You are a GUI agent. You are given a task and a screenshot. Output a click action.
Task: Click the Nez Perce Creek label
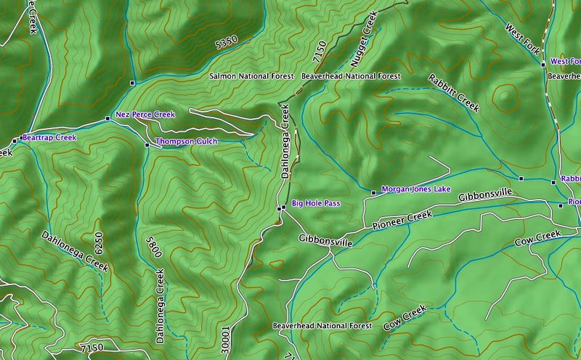(145, 115)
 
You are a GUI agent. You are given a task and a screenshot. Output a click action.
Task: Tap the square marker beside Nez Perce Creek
(107, 118)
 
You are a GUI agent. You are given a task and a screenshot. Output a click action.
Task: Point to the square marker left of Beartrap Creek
(15, 141)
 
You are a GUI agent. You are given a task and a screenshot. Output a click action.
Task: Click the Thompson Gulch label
(186, 142)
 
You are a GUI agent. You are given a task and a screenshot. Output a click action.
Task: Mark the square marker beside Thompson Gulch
(147, 145)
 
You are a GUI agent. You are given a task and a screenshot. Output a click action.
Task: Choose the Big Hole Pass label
(316, 205)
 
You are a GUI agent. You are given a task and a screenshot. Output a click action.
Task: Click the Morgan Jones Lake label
(411, 189)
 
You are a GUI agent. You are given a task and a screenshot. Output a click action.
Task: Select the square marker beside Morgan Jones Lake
(373, 192)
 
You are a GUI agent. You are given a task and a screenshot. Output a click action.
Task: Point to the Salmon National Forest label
(251, 76)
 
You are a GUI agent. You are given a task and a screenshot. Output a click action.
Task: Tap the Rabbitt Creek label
(454, 92)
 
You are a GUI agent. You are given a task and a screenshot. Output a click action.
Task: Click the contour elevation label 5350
(227, 45)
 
